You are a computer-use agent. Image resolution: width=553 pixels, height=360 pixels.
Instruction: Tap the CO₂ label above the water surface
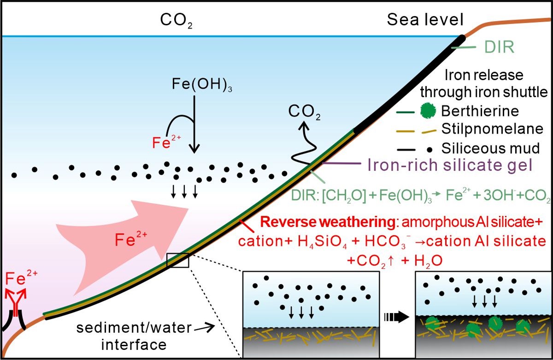tap(175, 20)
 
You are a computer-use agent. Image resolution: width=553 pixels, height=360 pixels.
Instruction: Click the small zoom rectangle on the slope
tap(178, 260)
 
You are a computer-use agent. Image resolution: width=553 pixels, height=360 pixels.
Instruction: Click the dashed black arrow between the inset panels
tap(397, 318)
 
